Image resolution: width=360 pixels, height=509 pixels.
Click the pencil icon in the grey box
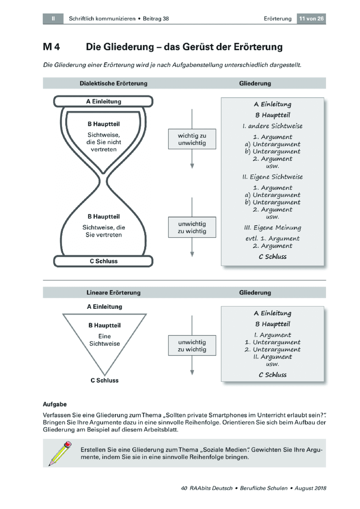(60, 453)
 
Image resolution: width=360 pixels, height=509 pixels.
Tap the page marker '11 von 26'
(311, 19)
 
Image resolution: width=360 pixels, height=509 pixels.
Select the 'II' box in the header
(53, 19)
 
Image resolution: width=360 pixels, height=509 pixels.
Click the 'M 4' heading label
(51, 47)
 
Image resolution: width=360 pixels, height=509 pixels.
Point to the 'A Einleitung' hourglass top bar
(103, 101)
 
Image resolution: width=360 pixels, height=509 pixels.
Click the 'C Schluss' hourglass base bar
(103, 261)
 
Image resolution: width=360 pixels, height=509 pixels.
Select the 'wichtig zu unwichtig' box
(192, 139)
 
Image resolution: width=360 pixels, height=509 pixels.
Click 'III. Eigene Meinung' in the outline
(273, 228)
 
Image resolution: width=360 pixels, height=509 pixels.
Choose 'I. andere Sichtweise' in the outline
(273, 126)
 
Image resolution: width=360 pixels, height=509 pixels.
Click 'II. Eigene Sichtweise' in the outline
(273, 177)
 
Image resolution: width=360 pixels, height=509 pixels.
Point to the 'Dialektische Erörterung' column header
(113, 84)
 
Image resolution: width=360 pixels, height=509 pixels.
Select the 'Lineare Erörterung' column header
(113, 292)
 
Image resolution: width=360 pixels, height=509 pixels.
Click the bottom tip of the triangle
(104, 375)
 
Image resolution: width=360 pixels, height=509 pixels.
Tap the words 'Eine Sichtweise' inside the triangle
(104, 340)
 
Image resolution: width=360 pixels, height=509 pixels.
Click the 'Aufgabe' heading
(55, 405)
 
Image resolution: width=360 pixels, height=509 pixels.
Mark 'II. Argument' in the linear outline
(273, 357)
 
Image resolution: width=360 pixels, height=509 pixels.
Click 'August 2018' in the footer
(310, 488)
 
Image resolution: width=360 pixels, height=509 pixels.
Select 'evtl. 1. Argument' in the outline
(273, 238)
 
